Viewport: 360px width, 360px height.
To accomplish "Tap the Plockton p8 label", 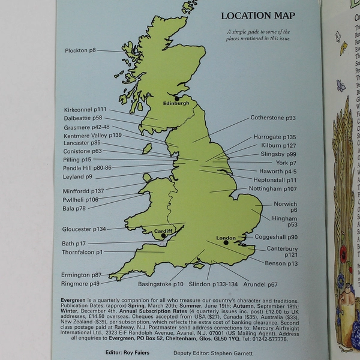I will click(80, 51).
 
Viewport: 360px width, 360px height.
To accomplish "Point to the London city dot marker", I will click(226, 243).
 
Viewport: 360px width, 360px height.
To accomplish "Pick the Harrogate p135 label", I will click(275, 137).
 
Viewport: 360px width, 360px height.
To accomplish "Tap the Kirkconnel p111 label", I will click(85, 110).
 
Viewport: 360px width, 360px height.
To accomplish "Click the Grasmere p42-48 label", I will click(87, 127).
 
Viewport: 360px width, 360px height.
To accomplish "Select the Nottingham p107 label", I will click(273, 188).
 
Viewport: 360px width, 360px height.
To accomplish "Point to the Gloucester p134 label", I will click(84, 229).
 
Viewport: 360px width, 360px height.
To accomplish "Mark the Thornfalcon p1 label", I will click(82, 252).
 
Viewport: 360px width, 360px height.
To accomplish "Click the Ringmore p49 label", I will click(82, 283).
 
